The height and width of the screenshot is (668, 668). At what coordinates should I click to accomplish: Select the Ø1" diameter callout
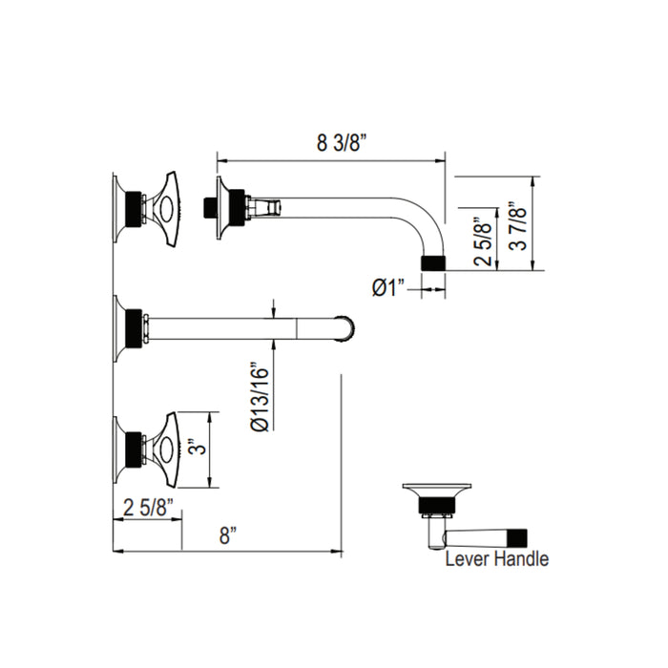coord(389,286)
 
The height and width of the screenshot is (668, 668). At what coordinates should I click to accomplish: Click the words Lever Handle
coord(496,559)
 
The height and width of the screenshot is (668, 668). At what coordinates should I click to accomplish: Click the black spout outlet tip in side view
coord(434,261)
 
